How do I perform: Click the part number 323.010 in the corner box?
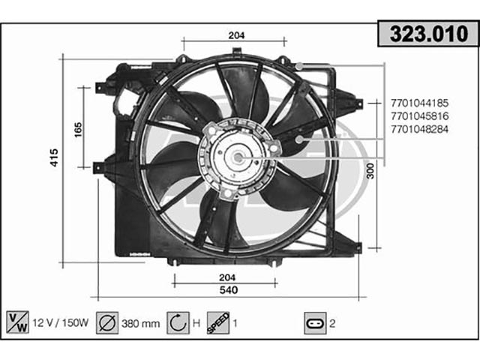[429, 34]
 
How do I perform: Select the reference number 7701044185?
[419, 103]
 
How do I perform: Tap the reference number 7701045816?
[419, 116]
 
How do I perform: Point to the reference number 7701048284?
[419, 129]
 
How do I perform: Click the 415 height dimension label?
[54, 157]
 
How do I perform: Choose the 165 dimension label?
[78, 130]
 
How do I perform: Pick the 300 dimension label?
[370, 171]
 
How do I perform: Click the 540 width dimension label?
[229, 290]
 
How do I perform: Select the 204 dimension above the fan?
[237, 35]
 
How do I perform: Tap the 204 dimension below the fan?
[227, 277]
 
